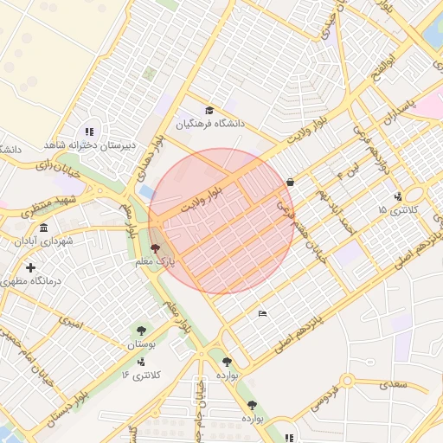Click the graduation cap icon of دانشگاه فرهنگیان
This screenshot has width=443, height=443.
[x=209, y=110]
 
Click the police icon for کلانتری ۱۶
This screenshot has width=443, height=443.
[x=141, y=362]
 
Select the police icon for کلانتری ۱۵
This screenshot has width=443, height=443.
[x=397, y=196]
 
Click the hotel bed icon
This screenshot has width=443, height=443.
[x=262, y=313]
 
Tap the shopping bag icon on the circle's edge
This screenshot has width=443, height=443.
[x=289, y=183]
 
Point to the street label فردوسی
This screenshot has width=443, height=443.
[x=309, y=405]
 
